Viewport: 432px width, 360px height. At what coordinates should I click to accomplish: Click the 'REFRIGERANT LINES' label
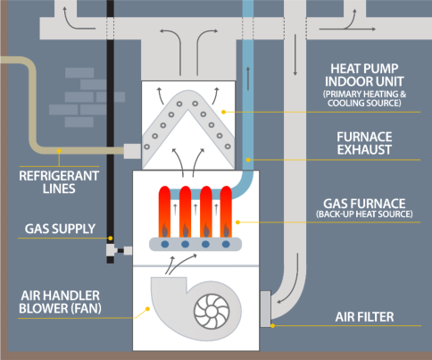tap(59, 182)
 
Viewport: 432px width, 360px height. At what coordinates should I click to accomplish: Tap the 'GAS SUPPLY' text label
tap(60, 229)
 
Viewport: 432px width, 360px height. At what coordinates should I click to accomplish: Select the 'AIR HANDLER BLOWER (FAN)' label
tap(60, 302)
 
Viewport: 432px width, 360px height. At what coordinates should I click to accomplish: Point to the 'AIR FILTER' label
tap(364, 317)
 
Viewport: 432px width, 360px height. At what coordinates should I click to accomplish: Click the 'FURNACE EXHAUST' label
tap(364, 143)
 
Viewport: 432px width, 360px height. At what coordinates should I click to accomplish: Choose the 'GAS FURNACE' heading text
tap(364, 204)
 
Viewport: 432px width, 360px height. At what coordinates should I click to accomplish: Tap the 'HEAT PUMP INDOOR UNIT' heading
tap(364, 75)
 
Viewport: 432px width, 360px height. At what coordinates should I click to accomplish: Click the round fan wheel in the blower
tap(212, 312)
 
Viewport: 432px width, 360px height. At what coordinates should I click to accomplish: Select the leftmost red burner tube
tap(164, 212)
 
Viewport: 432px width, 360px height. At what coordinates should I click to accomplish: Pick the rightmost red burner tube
tap(226, 212)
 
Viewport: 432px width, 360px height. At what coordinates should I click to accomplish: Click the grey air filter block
tap(266, 309)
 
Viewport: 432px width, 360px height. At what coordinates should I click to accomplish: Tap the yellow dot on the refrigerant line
tap(59, 151)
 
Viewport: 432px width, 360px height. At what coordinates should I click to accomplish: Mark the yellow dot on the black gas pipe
tap(111, 239)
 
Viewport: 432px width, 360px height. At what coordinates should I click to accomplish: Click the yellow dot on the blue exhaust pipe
tap(248, 160)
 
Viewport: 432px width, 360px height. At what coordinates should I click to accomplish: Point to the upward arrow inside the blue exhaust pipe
tap(248, 79)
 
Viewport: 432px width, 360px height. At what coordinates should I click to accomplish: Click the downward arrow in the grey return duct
tap(295, 54)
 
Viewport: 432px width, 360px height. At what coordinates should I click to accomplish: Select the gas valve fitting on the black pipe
tap(111, 250)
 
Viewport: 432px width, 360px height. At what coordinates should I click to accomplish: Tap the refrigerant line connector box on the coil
tap(132, 151)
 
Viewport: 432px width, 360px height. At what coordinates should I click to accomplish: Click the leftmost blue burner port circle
tap(165, 245)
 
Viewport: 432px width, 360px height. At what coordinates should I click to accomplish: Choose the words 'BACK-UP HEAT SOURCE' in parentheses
tap(364, 214)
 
